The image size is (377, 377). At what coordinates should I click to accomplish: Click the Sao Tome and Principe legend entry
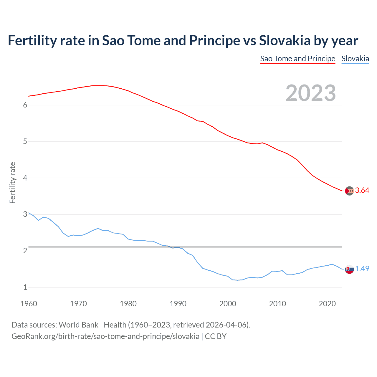pyautogui.click(x=297, y=59)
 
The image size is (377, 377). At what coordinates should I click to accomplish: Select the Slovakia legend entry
pyautogui.click(x=355, y=59)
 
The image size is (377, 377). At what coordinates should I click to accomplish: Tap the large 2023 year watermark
pyautogui.click(x=311, y=93)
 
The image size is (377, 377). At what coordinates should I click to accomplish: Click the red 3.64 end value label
pyautogui.click(x=362, y=191)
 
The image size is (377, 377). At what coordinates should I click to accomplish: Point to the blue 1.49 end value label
pyautogui.click(x=362, y=269)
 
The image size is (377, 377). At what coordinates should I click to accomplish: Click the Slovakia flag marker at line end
pyautogui.click(x=349, y=269)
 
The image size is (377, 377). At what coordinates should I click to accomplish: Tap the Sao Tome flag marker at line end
pyautogui.click(x=349, y=191)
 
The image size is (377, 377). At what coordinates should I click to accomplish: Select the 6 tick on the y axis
pyautogui.click(x=25, y=105)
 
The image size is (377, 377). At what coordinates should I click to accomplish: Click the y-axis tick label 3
pyautogui.click(x=25, y=214)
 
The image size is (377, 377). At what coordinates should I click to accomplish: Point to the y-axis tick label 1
pyautogui.click(x=25, y=287)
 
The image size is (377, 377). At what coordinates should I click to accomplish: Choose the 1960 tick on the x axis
pyautogui.click(x=29, y=304)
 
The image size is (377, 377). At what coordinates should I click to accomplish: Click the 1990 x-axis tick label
pyautogui.click(x=178, y=304)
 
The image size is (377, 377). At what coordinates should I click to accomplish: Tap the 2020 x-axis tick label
pyautogui.click(x=327, y=304)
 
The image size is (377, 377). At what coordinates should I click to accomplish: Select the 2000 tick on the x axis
pyautogui.click(x=228, y=304)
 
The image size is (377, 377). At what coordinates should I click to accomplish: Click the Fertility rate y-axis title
pyautogui.click(x=12, y=183)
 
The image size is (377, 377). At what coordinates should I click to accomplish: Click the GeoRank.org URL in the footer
pyautogui.click(x=105, y=336)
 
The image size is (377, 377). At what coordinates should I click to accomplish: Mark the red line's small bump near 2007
pyautogui.click(x=262, y=143)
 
